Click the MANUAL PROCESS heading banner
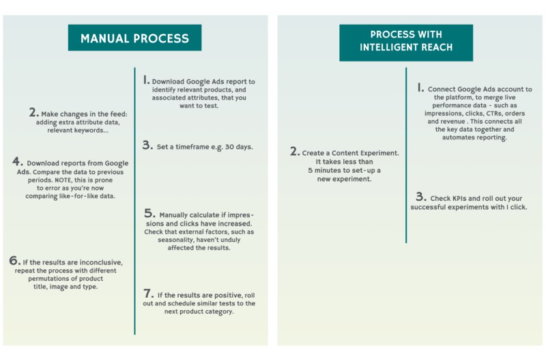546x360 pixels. (x=135, y=38)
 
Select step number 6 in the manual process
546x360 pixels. (x=14, y=260)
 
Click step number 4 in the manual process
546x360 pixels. (x=16, y=162)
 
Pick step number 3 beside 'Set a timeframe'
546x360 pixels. (x=147, y=145)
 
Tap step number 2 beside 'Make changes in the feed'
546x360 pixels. (x=33, y=112)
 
